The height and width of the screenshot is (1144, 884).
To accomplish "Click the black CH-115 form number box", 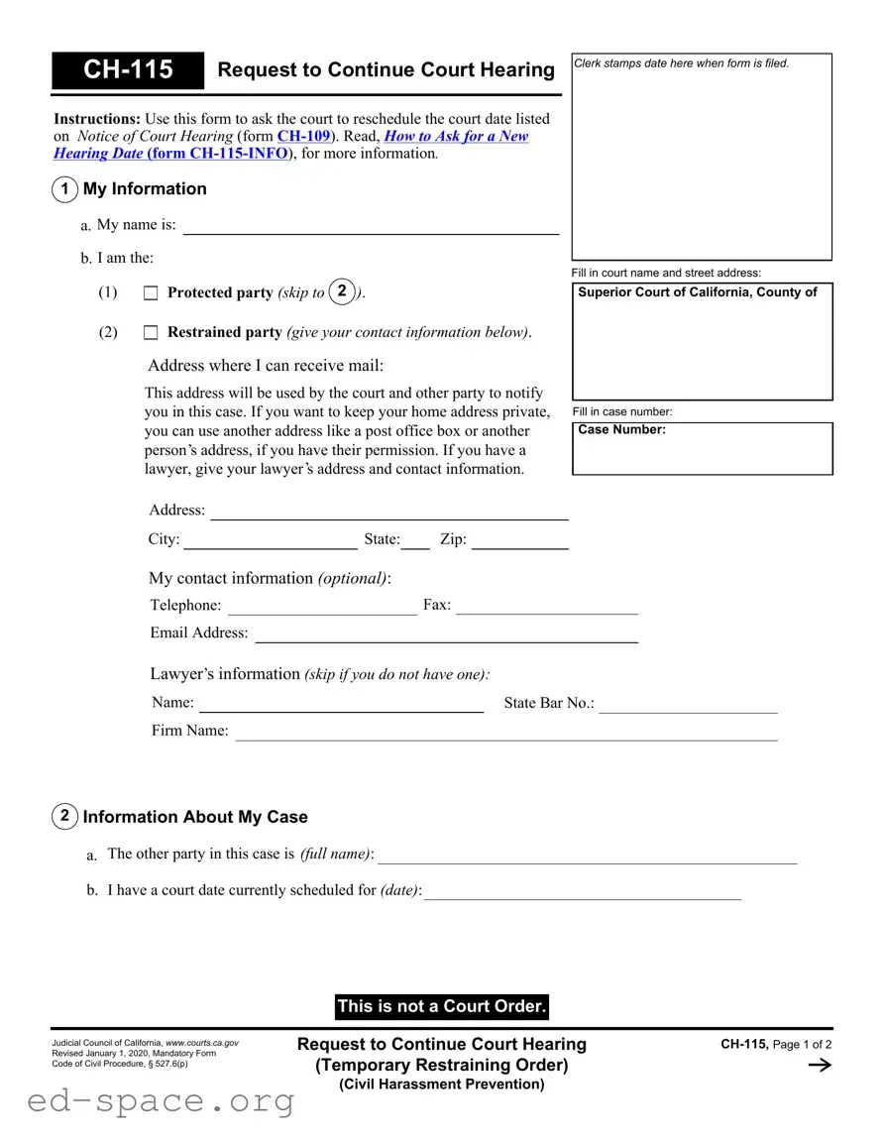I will [x=128, y=69].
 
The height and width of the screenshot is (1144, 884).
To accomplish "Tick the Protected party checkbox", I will [x=151, y=293].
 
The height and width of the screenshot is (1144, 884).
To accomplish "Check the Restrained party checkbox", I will [x=151, y=333].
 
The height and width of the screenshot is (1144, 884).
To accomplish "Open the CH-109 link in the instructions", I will [x=303, y=137].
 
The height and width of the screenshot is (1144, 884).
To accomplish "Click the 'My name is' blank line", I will [x=371, y=226].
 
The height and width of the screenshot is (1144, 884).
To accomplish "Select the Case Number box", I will [x=703, y=449].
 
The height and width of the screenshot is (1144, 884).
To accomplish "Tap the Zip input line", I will [x=519, y=541].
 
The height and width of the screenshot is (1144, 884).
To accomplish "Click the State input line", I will [x=415, y=541].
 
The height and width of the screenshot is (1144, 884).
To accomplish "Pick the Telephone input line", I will [x=322, y=607].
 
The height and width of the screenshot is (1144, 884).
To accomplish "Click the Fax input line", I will [x=546, y=607].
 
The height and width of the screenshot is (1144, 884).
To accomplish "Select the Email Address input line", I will [x=446, y=634].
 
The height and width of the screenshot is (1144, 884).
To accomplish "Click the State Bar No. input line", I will [x=688, y=705].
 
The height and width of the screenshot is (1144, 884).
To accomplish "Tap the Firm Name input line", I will [x=505, y=733].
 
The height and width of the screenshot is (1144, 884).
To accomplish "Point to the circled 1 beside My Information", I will [x=64, y=189].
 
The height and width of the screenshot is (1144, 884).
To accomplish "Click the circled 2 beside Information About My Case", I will [x=64, y=817].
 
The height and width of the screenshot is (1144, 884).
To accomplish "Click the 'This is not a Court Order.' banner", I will [x=442, y=1007].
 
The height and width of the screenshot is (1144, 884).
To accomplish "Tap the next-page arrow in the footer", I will [x=820, y=1066].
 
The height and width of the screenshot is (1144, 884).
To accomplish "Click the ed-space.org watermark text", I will [x=161, y=1100].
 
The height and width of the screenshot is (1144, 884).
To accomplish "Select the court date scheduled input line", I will [x=583, y=892].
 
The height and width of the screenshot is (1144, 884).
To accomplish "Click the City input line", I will [x=270, y=541].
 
